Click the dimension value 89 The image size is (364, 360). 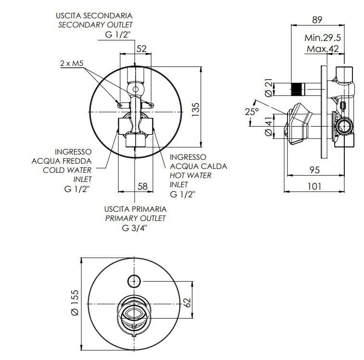[317, 20]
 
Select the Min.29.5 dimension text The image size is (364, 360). [323, 38]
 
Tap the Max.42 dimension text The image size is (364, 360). [323, 49]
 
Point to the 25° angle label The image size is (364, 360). [251, 112]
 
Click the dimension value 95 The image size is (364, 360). [315, 170]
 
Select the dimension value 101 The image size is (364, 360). [315, 186]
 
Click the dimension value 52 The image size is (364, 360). [141, 48]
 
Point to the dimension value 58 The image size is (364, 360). [142, 186]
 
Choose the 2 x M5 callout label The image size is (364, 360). [72, 63]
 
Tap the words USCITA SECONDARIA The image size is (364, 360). [94, 16]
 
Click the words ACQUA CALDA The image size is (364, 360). [198, 166]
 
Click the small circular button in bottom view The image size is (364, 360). [134, 280]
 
